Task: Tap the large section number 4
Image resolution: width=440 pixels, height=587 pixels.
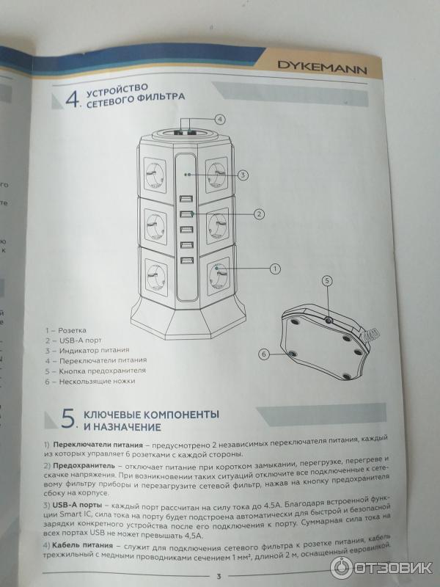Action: (x=71, y=101)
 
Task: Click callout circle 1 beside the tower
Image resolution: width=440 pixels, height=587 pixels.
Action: (x=275, y=269)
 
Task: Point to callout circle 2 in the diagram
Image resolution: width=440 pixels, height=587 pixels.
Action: (x=259, y=214)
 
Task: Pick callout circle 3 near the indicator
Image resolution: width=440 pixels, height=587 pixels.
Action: (x=243, y=175)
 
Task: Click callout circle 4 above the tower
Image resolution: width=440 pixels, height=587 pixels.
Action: (x=219, y=118)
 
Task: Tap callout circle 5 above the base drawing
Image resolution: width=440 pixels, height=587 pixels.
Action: (x=328, y=280)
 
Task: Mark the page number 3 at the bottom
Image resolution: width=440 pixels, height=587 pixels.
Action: (x=218, y=575)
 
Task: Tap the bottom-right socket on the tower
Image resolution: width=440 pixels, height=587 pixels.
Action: (x=218, y=276)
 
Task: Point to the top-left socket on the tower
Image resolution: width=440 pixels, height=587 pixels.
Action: (x=156, y=175)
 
